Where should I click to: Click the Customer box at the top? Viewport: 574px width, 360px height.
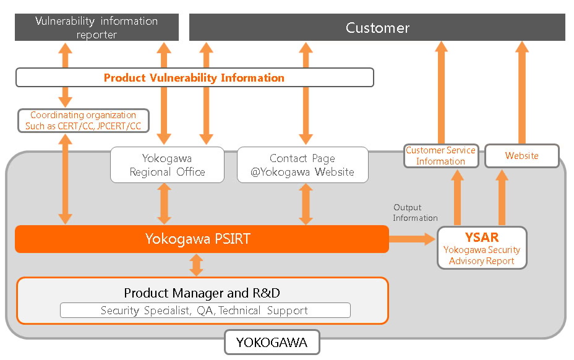[x=377, y=28]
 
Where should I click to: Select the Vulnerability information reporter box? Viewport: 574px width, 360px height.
[x=96, y=28]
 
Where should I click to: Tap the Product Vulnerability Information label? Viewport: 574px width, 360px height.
[x=194, y=78]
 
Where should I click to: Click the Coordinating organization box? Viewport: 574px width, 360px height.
[x=84, y=120]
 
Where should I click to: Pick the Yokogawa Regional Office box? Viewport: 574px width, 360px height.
[x=167, y=165]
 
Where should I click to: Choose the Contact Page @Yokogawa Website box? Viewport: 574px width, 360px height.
[x=302, y=165]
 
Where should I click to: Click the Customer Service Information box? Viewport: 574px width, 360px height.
[x=441, y=156]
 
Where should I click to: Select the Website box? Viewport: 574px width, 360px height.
[x=521, y=156]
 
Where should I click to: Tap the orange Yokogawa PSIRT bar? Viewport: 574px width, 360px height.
[x=202, y=239]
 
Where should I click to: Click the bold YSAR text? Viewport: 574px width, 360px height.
[x=482, y=238]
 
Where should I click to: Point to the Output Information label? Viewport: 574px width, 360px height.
[x=415, y=213]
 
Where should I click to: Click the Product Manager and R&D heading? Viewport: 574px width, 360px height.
[x=202, y=293]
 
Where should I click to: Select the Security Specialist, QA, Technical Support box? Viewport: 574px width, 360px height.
[x=205, y=311]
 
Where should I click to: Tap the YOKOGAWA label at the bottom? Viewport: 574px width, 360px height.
[x=272, y=342]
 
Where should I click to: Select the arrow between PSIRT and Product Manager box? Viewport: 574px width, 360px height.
[x=196, y=265]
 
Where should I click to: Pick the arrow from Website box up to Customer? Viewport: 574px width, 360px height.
[x=522, y=93]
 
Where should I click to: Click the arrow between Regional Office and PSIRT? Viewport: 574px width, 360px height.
[x=164, y=204]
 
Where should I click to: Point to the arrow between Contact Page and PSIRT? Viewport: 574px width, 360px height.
[x=306, y=204]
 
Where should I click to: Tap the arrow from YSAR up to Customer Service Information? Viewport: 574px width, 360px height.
[x=458, y=198]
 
